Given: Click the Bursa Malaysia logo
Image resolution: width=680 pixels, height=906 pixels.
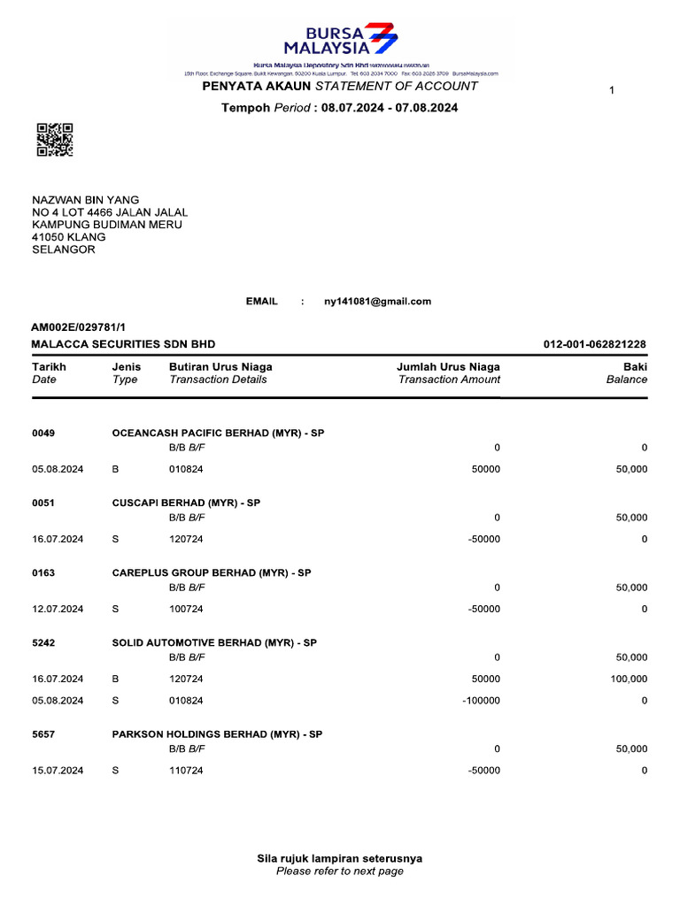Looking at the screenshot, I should tap(341, 39).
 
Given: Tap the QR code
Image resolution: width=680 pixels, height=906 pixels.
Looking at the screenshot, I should tap(54, 140).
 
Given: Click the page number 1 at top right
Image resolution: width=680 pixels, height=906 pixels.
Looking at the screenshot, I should tap(612, 91).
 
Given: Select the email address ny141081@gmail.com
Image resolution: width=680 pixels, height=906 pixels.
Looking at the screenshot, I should tap(377, 302).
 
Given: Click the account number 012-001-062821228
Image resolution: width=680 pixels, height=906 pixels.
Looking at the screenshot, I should tap(594, 344).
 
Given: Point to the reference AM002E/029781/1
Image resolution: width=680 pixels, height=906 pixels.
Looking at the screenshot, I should tap(73, 327).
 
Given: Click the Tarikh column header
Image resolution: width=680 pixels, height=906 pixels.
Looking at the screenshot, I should tap(49, 366).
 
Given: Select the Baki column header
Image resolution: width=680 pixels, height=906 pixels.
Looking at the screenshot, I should tap(634, 366).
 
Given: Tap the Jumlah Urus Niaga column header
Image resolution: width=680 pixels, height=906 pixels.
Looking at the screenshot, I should tap(448, 366).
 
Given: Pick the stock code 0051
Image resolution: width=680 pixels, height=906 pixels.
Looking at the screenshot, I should tap(43, 503).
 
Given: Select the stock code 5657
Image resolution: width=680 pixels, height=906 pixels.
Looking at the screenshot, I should tap(43, 734).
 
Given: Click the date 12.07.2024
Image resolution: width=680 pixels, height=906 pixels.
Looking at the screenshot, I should tap(58, 609).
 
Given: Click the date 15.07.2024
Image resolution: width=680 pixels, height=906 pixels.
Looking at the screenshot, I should tap(58, 771).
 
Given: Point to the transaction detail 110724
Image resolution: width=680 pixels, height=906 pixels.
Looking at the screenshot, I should tap(186, 771).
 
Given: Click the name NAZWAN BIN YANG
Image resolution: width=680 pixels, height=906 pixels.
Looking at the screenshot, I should tap(86, 200).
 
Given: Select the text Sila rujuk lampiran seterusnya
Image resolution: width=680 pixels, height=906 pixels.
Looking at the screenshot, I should tap(339, 858).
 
